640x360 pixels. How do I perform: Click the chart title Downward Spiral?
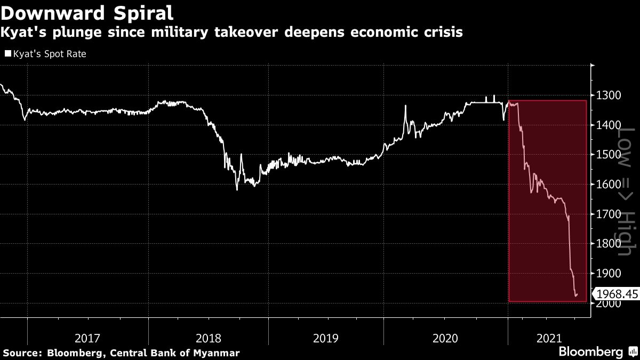[x=86, y=12]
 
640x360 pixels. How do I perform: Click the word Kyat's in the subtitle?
[x=20, y=33]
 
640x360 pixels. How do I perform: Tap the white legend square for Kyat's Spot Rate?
[x=7, y=54]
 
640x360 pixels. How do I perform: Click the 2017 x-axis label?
[x=87, y=338]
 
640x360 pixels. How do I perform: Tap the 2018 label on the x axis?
[x=208, y=338]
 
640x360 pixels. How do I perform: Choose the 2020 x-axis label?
[x=445, y=338]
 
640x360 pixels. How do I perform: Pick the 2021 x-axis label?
[x=549, y=338]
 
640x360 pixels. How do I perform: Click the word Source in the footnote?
[x=22, y=353]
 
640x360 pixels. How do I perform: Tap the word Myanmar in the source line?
[x=217, y=353]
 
